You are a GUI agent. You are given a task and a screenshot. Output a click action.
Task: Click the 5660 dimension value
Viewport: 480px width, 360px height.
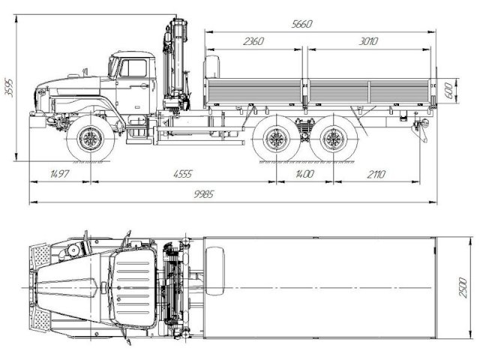click(301, 24)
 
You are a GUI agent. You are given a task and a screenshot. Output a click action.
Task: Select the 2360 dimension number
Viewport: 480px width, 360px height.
click(253, 41)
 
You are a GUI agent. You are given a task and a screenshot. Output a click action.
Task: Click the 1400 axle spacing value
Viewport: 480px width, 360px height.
click(304, 174)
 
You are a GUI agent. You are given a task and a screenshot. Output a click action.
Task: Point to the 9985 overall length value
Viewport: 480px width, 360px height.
click(235, 194)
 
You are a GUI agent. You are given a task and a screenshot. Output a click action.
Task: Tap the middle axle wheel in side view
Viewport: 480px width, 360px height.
click(275, 140)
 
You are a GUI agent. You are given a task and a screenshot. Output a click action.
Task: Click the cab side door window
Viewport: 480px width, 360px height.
click(135, 69)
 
